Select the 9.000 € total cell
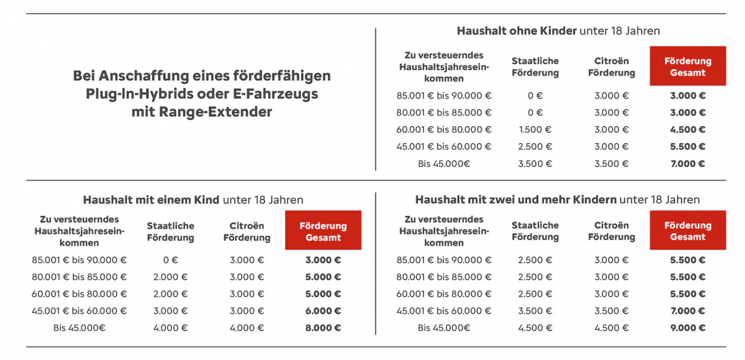[688, 328]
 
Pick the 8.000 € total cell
[323, 328]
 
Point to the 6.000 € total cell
[323, 311]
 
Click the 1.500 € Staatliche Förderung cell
[535, 130]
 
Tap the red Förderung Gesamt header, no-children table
[688, 66]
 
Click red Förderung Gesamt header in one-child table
[323, 231]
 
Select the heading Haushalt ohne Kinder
[516, 31]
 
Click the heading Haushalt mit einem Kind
[151, 200]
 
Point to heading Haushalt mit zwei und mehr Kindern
[516, 200]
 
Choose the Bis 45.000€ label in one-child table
[80, 328]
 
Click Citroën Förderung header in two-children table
[611, 231]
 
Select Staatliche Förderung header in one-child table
[171, 231]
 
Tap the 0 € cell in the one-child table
[171, 260]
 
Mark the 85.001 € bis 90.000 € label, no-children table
[444, 96]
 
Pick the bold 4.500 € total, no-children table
[688, 130]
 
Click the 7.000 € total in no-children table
[688, 163]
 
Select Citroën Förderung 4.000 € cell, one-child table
[247, 328]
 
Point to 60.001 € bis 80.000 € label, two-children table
[444, 294]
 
